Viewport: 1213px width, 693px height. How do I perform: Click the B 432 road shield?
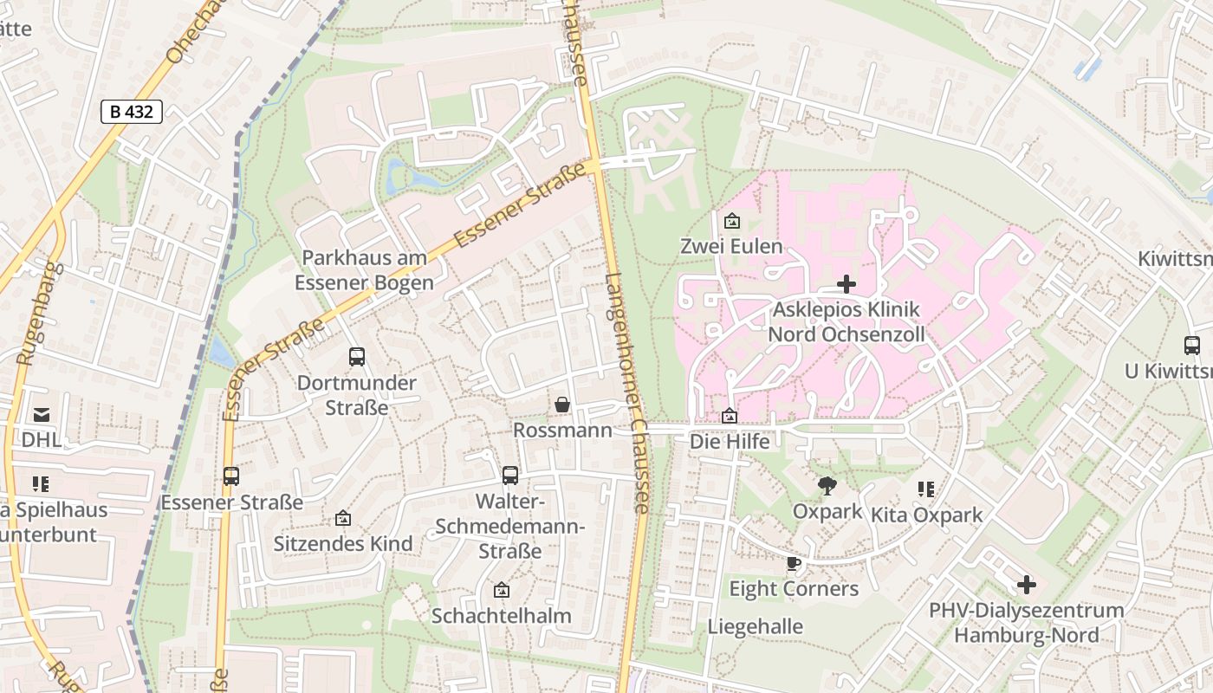point(131,112)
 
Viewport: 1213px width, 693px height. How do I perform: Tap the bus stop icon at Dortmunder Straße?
point(356,356)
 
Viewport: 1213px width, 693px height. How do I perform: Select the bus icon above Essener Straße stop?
point(230,476)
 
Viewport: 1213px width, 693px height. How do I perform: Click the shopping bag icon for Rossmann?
point(562,405)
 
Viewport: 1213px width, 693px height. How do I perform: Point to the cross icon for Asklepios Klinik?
point(847,284)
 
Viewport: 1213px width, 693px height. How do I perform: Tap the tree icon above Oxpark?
point(827,486)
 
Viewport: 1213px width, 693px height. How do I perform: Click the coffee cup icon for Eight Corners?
point(793,564)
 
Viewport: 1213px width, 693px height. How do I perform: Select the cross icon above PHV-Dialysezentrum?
point(1026,585)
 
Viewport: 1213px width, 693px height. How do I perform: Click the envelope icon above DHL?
point(41,415)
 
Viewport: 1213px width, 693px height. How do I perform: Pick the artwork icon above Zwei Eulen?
point(731,221)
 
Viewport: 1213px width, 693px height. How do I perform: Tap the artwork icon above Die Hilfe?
point(730,417)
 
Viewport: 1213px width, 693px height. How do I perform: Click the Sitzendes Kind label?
point(343,544)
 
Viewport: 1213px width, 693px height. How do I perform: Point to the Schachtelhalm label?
point(501,616)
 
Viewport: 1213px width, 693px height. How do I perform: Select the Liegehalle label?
point(755,626)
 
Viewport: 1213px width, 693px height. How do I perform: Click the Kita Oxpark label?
point(926,515)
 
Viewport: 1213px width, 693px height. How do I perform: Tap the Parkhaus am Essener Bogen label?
point(364,270)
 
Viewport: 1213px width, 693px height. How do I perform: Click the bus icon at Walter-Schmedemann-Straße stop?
point(510,475)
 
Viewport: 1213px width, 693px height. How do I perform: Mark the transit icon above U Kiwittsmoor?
point(1191,345)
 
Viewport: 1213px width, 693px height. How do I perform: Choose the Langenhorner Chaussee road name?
point(626,394)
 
